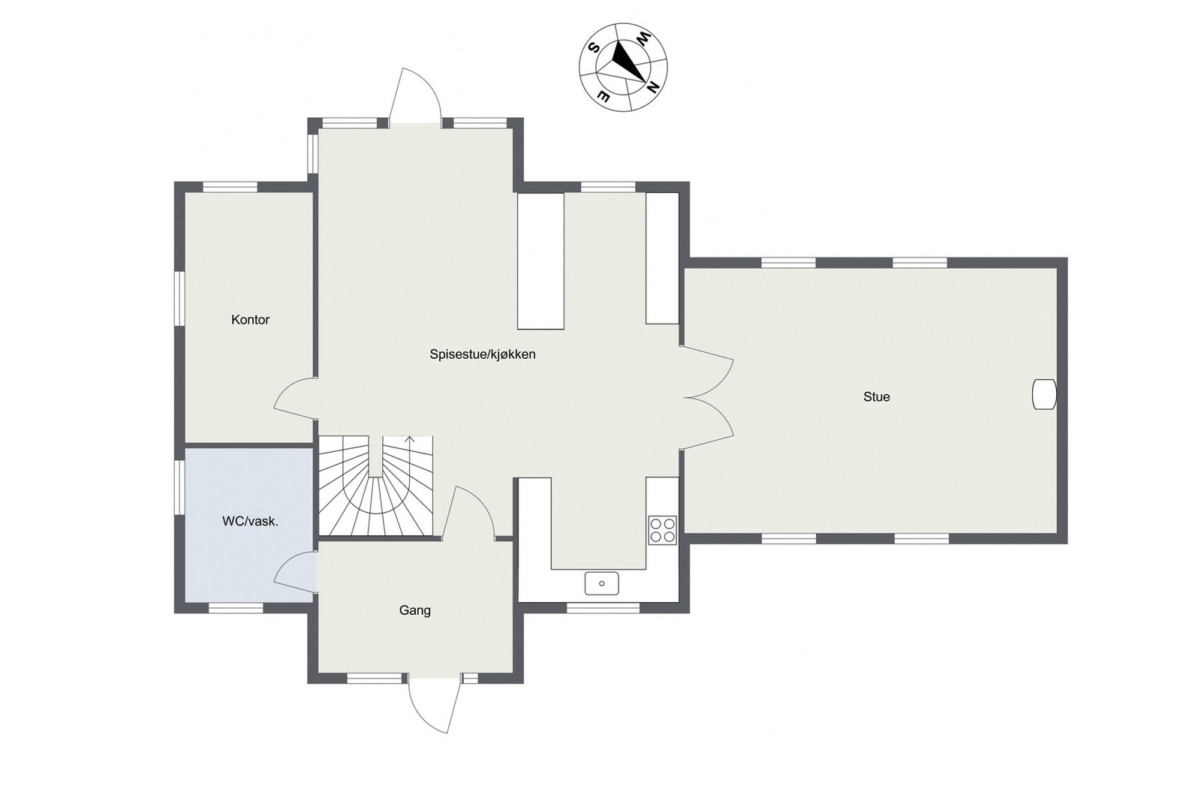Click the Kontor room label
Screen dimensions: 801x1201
pyautogui.click(x=250, y=320)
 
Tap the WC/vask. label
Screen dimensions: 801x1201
pyautogui.click(x=250, y=521)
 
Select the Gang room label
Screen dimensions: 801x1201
pyautogui.click(x=414, y=610)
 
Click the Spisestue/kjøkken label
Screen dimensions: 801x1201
pyautogui.click(x=483, y=354)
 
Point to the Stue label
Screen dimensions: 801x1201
pyautogui.click(x=876, y=397)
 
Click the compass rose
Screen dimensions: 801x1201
pyautogui.click(x=623, y=67)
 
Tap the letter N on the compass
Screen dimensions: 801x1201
pyautogui.click(x=653, y=88)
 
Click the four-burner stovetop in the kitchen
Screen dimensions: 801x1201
pyautogui.click(x=663, y=530)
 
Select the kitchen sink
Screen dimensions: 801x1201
pyautogui.click(x=602, y=583)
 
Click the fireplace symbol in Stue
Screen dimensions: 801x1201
pyautogui.click(x=1043, y=394)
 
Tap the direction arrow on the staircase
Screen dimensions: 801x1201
pyautogui.click(x=409, y=441)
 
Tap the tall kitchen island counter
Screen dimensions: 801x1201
pyautogui.click(x=540, y=260)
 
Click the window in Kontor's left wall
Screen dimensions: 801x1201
pyautogui.click(x=180, y=297)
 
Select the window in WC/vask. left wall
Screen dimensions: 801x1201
pyautogui.click(x=180, y=487)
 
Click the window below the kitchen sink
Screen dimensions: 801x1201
pyautogui.click(x=603, y=609)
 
